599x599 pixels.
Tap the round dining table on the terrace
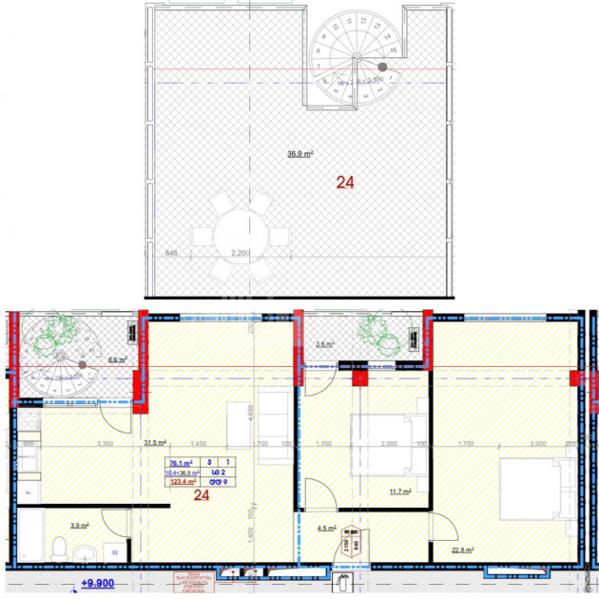coord(242,235)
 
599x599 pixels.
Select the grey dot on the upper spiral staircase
coord(382,67)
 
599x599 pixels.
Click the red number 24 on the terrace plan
coord(343,182)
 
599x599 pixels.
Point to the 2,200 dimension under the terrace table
coord(242,254)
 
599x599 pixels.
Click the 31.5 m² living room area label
coord(155,442)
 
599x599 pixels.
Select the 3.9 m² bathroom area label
coord(80,524)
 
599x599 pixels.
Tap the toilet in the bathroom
coord(58,549)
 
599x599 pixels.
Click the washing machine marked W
coord(113,550)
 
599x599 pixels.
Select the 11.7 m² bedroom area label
coord(400,492)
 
